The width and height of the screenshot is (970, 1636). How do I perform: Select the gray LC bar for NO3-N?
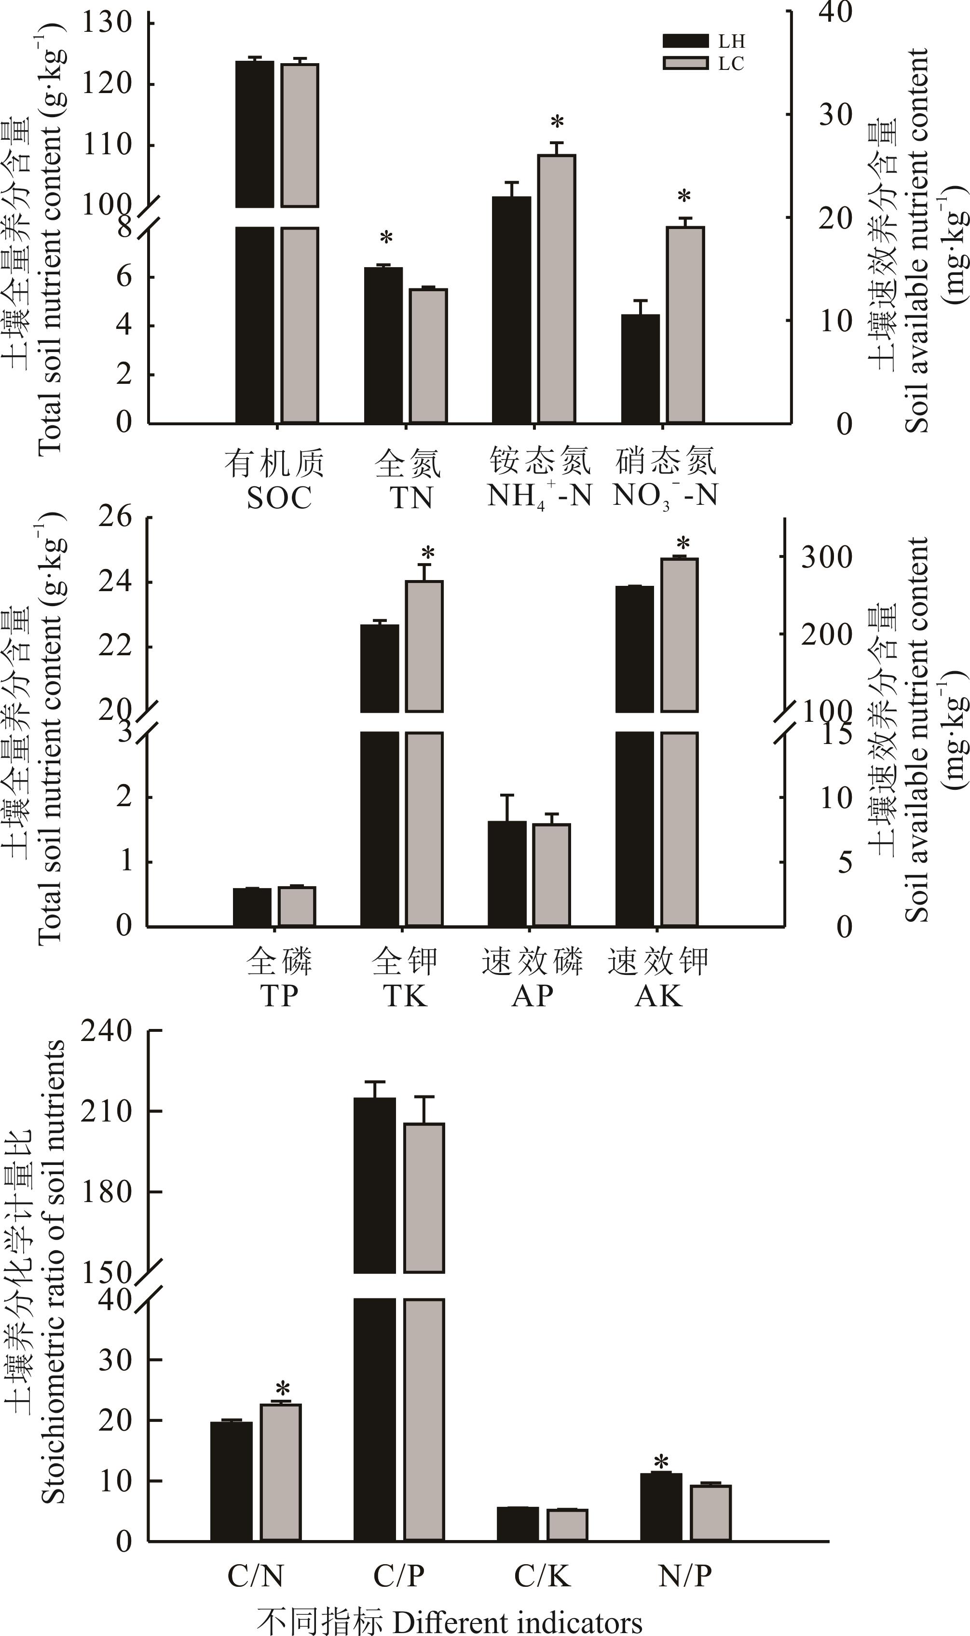click(684, 324)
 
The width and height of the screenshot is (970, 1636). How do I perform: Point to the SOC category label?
click(278, 499)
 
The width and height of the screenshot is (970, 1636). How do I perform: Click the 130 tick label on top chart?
click(107, 22)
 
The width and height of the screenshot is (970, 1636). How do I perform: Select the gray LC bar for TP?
click(297, 906)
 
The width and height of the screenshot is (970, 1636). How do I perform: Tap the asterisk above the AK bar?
click(683, 543)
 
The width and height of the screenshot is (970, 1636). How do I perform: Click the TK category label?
click(405, 996)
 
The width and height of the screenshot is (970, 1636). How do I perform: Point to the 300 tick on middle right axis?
click(826, 557)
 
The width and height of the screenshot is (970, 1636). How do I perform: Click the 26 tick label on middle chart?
click(115, 517)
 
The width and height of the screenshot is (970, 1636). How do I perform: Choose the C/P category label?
click(399, 1576)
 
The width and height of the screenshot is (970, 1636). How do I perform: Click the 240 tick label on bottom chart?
click(107, 1032)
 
